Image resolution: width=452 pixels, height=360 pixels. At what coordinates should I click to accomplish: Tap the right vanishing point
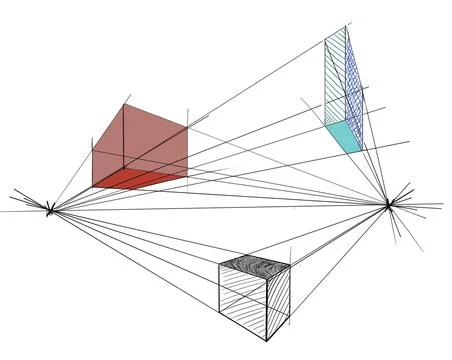point(390,204)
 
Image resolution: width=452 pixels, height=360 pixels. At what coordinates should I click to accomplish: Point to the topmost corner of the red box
point(123,103)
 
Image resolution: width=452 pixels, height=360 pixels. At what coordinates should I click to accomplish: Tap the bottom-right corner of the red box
point(187,179)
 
